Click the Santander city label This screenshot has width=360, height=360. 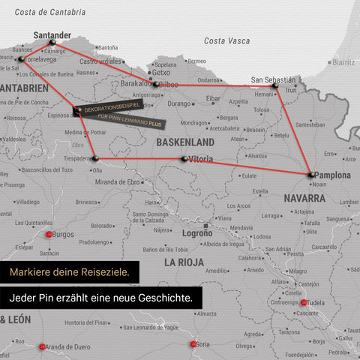(52, 34)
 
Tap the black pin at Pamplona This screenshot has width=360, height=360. (310, 174)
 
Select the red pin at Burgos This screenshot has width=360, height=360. (50, 234)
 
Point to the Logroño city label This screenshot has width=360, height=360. (198, 233)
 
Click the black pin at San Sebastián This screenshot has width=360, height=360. (275, 87)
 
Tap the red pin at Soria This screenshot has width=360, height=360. (193, 344)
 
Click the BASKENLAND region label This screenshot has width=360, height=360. (185, 142)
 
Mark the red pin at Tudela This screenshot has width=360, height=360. (304, 303)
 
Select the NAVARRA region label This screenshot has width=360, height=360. (304, 199)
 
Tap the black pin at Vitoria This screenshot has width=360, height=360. (184, 159)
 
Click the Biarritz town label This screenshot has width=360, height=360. (344, 63)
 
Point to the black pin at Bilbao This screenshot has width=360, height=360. (155, 84)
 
